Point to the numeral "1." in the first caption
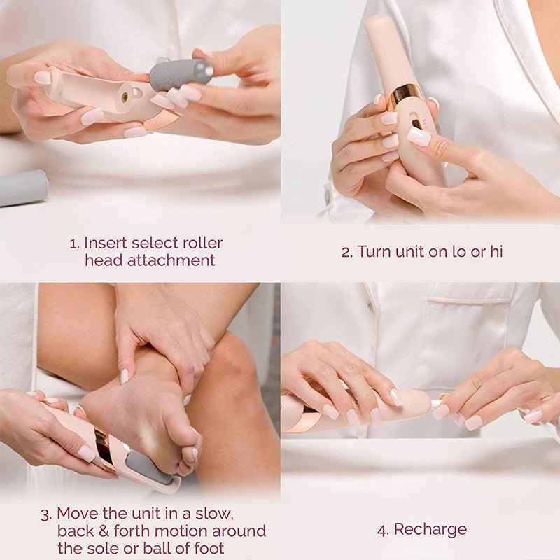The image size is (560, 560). [x=74, y=244]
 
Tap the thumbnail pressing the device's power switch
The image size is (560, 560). [x=419, y=136]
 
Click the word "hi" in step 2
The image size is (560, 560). [x=495, y=252]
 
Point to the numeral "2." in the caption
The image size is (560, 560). [x=347, y=252]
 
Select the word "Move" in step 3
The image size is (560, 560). [x=77, y=514]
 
